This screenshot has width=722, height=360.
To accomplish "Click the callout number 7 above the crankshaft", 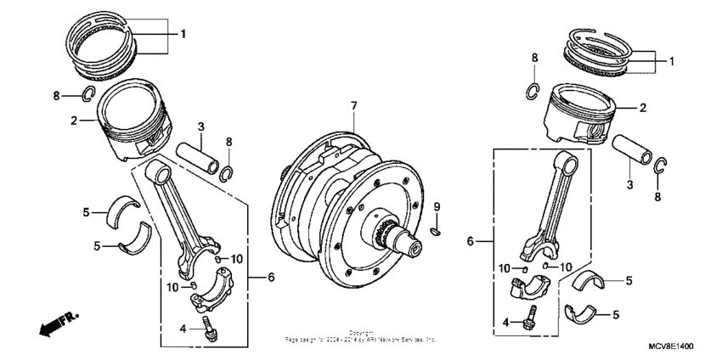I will click(x=355, y=106).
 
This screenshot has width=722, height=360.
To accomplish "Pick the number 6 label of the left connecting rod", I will click(x=271, y=277).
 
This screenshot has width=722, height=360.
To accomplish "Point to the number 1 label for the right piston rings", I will click(x=671, y=61).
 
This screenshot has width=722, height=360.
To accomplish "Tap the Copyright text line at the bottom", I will click(x=362, y=333).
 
